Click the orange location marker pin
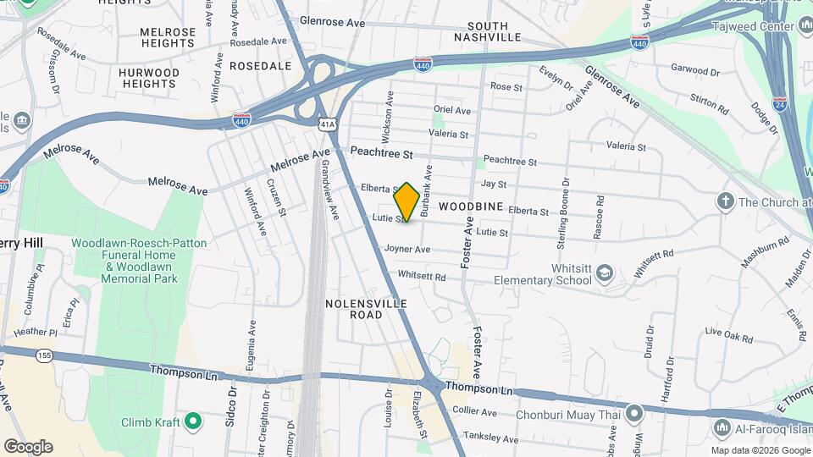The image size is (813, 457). tap(406, 201)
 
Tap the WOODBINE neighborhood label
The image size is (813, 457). tap(473, 206)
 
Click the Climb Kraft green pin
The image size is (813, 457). tap(193, 421)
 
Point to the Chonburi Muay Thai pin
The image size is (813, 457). tap(634, 413)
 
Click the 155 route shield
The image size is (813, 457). tap(45, 358)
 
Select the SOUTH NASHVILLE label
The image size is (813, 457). tap(487, 31)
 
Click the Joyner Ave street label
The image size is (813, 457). tap(407, 249)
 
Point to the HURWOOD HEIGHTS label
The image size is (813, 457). tap(149, 78)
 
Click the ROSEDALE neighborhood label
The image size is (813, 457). tap(260, 65)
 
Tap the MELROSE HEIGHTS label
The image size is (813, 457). tap(168, 37)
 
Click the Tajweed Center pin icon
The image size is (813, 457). tap(805, 25)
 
